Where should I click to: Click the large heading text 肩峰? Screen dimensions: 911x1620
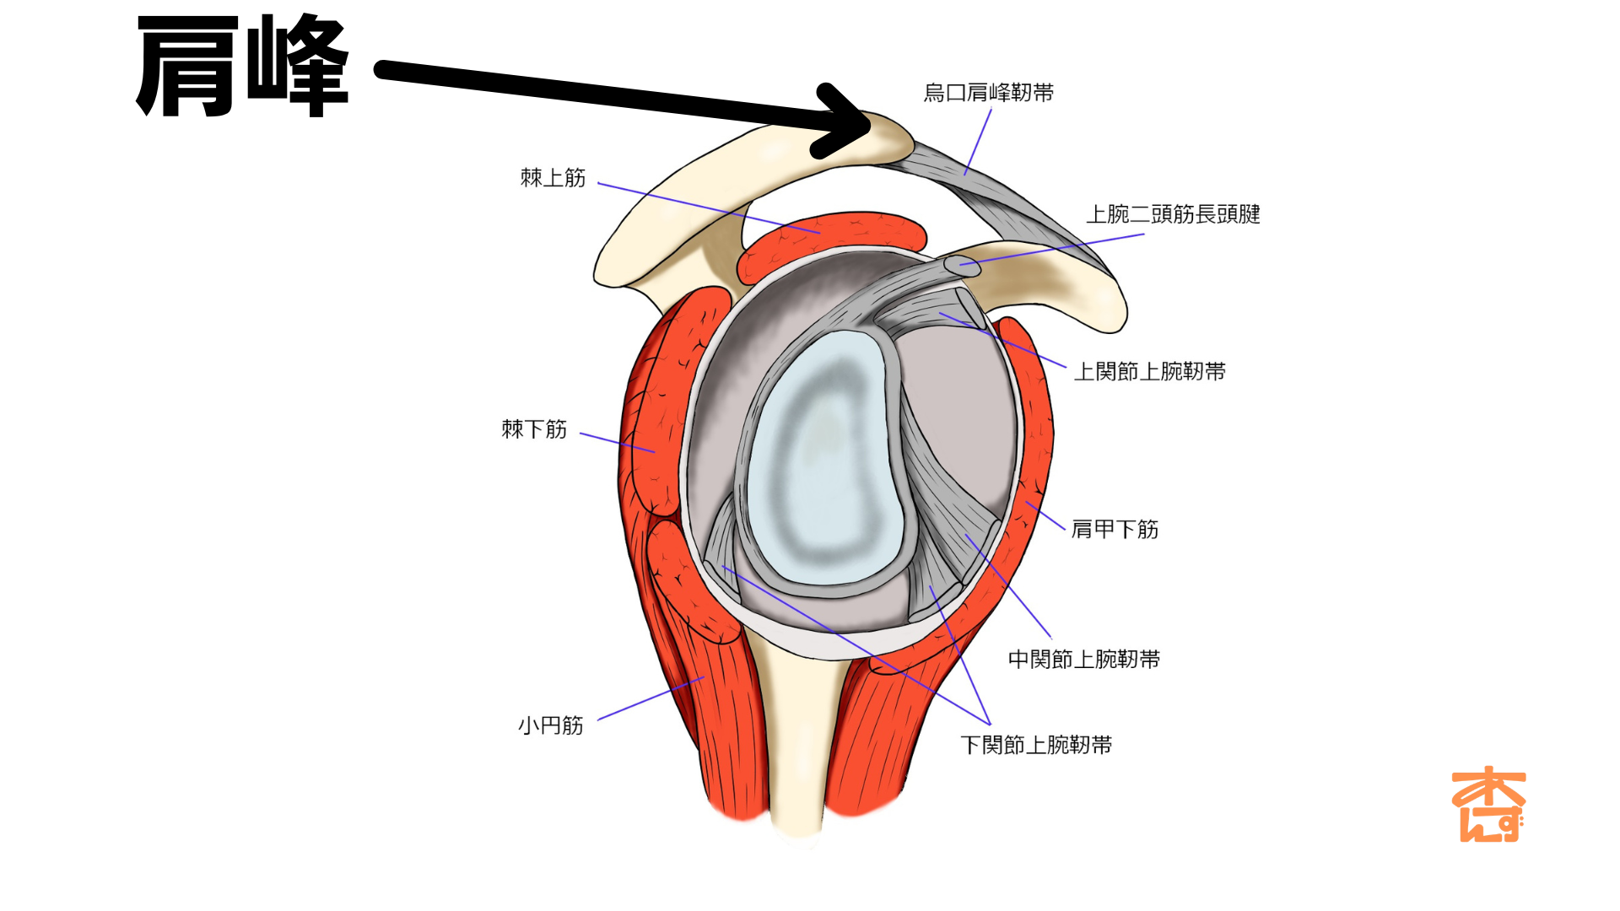tap(242, 67)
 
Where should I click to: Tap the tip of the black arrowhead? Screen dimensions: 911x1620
tap(868, 125)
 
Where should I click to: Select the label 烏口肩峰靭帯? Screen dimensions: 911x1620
tap(988, 93)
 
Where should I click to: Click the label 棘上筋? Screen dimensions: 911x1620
tap(553, 178)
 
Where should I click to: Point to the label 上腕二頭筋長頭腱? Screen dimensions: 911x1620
tap(1173, 214)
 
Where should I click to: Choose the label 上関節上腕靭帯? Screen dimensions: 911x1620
tap(1149, 372)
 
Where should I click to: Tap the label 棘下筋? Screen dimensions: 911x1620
tap(534, 429)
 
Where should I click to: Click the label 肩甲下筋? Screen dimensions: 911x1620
tap(1115, 530)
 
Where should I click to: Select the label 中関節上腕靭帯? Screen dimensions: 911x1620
tap(1084, 660)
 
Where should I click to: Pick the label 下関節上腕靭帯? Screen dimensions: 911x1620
tap(1036, 746)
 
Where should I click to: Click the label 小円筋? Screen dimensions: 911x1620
tap(550, 726)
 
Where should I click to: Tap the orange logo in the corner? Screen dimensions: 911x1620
tap(1488, 805)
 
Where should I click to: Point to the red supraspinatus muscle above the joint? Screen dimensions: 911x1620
tap(831, 235)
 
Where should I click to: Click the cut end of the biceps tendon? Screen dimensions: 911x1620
tap(962, 266)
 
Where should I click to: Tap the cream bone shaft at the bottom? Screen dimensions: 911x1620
tap(797, 759)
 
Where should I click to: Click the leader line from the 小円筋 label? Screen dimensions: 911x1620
tap(650, 698)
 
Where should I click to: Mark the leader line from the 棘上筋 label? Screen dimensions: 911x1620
tap(709, 208)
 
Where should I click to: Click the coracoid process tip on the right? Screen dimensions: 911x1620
tap(1105, 312)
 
